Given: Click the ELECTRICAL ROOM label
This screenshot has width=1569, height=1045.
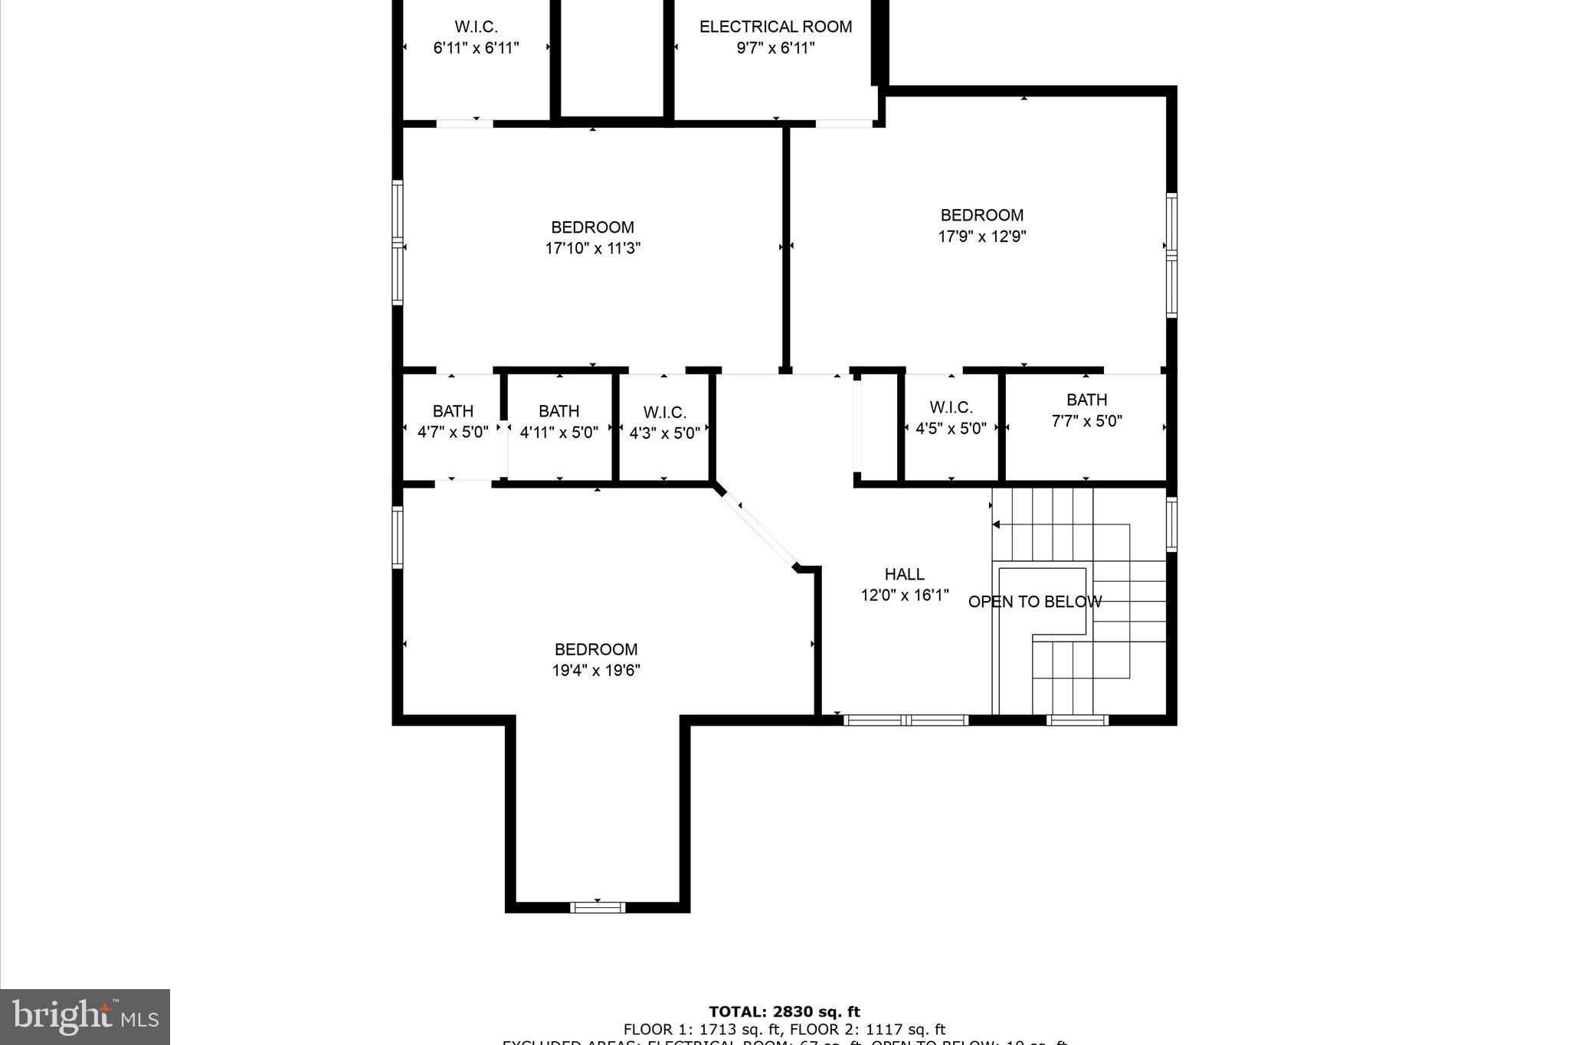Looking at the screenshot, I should click(x=775, y=27).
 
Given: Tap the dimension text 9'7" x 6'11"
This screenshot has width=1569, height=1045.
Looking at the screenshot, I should click(x=775, y=48).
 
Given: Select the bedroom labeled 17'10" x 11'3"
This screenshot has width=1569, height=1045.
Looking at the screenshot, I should click(x=592, y=237).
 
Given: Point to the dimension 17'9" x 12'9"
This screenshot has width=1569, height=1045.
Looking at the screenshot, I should click(x=981, y=237).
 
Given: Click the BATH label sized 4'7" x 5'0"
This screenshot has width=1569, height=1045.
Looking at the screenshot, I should click(x=453, y=411).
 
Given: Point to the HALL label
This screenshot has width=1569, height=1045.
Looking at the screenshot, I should click(x=904, y=574).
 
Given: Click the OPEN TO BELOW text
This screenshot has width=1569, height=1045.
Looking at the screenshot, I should click(x=1034, y=602).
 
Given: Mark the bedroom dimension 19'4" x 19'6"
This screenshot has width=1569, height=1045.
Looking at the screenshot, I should click(x=596, y=671).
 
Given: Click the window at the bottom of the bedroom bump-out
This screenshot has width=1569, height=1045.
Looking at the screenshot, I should click(x=598, y=908).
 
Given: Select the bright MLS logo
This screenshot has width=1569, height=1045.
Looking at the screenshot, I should click(x=85, y=1017).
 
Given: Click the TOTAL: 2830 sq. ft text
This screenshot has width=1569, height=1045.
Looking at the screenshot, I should click(x=784, y=1012).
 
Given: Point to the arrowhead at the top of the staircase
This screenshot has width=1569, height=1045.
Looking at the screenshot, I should click(x=997, y=524).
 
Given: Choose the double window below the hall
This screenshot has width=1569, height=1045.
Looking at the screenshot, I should click(x=906, y=720).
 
